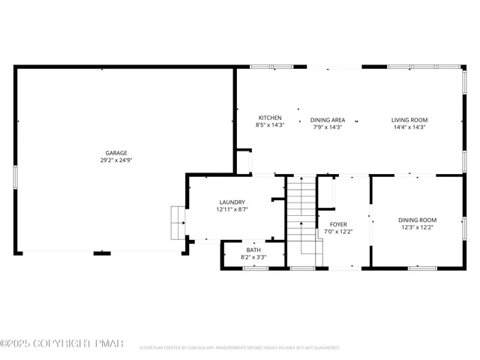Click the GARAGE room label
click(x=115, y=152)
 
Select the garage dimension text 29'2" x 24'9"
click(x=115, y=160)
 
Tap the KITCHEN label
click(x=270, y=118)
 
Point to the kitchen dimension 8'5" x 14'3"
click(x=270, y=127)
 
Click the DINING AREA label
click(x=328, y=119)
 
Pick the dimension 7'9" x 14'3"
click(x=328, y=127)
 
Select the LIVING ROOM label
click(x=409, y=119)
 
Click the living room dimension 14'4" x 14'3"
click(x=409, y=127)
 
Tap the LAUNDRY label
click(x=232, y=202)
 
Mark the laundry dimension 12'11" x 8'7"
click(x=232, y=210)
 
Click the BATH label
click(x=253, y=250)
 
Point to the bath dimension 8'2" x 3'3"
click(x=253, y=257)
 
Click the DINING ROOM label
click(x=416, y=220)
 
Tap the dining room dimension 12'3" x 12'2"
click(x=416, y=227)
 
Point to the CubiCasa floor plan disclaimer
click(x=240, y=348)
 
